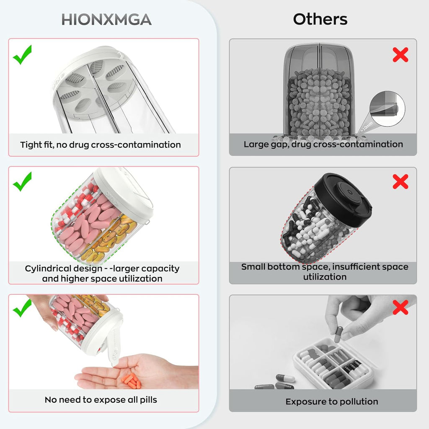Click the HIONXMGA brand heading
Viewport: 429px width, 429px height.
[106, 20]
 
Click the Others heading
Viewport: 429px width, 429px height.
[320, 19]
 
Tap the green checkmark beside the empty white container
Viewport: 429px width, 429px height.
[22, 55]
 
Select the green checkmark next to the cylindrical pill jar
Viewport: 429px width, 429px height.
[22, 182]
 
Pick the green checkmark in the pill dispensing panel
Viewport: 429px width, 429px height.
[22, 308]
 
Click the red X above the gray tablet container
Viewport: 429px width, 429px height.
[400, 55]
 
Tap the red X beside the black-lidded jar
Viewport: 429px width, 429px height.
[400, 181]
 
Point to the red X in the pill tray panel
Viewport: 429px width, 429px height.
[400, 307]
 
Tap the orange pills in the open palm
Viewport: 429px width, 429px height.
[131, 380]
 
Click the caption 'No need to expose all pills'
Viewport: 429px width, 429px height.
[101, 400]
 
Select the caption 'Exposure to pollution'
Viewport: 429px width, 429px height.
[332, 401]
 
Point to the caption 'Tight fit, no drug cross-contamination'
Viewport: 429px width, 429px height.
[101, 145]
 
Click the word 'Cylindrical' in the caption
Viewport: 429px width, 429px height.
[46, 269]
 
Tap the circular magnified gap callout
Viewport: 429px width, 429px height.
[388, 109]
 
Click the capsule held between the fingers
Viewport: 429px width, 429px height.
[339, 334]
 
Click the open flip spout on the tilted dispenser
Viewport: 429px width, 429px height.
[113, 346]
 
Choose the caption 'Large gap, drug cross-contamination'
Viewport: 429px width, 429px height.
[323, 144]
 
